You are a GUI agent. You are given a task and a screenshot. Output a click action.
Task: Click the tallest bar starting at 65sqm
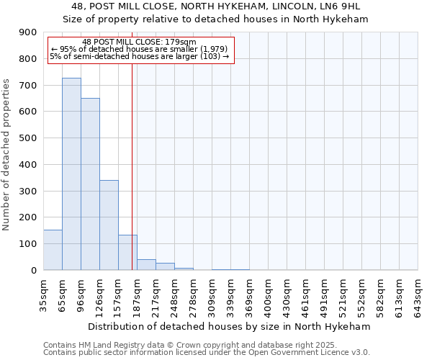(71, 174)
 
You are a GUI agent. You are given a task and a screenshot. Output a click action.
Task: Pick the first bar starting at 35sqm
(53, 250)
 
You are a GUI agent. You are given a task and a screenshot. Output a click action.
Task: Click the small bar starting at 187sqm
(146, 265)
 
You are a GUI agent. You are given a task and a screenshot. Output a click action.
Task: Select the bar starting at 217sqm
(165, 266)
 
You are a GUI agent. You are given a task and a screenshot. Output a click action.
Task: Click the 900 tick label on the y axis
(27, 32)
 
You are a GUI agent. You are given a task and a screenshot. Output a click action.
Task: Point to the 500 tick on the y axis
(27, 138)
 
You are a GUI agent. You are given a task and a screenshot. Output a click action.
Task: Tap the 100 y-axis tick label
(27, 244)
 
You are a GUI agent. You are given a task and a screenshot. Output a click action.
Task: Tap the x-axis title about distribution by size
(230, 326)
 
